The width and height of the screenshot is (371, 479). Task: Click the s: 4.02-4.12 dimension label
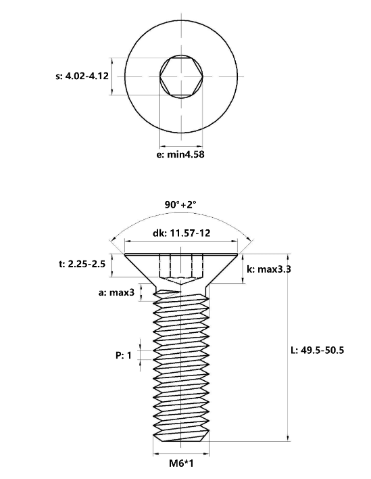click(82, 76)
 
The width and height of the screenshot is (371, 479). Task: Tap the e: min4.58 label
click(180, 154)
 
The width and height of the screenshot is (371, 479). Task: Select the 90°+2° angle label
click(180, 204)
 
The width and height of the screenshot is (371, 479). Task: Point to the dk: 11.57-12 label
click(181, 233)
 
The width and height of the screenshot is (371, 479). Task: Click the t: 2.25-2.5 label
click(82, 264)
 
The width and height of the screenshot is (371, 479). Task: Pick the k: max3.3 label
click(268, 269)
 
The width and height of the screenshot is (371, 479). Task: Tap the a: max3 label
click(116, 292)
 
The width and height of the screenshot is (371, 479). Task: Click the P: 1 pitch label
click(124, 355)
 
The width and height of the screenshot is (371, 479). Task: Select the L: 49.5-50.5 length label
click(318, 350)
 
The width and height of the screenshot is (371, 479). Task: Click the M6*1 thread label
click(181, 463)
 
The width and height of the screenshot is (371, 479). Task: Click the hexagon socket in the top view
click(182, 76)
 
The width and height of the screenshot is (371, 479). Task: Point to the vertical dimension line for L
click(288, 347)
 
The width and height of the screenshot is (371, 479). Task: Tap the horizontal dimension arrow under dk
click(181, 242)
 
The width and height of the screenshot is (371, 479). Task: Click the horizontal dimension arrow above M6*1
click(181, 454)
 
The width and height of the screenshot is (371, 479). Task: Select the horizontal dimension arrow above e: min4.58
click(181, 146)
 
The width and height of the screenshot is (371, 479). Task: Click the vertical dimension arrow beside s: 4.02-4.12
click(112, 76)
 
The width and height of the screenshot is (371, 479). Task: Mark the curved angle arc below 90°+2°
click(182, 216)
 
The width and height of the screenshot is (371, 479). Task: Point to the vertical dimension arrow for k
click(243, 269)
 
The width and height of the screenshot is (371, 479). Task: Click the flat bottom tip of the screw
click(181, 441)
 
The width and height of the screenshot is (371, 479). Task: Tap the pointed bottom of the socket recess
click(181, 283)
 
